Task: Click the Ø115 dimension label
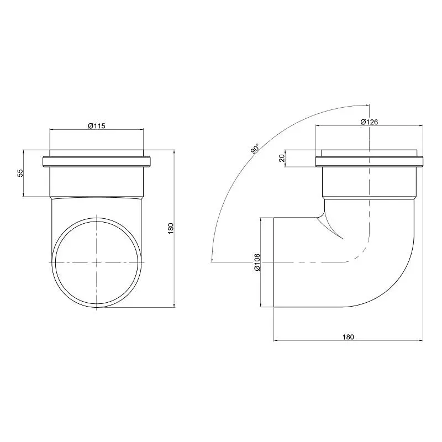coord(97,126)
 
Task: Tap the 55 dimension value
coord(20,173)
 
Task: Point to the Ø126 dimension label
coord(369,122)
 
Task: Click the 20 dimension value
coord(282,158)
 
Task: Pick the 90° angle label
coord(255,149)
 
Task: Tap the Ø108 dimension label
coord(257,262)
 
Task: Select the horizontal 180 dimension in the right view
coord(348,337)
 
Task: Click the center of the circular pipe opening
coord(97,262)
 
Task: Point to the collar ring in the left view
coord(96,162)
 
